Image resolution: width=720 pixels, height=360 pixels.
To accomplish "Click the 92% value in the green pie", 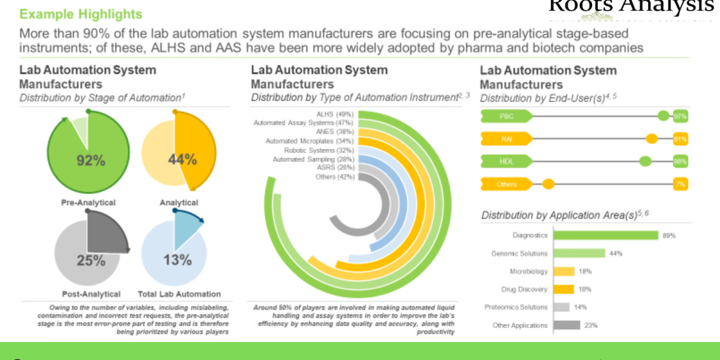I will tap(91, 160).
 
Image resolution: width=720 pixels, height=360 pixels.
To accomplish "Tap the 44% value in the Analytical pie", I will tap(182, 160).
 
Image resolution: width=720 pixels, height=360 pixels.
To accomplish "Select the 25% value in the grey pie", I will tap(91, 260).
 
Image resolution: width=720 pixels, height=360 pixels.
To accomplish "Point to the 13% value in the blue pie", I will tap(178, 260).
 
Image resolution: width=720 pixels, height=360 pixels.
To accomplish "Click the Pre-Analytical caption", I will tap(88, 203).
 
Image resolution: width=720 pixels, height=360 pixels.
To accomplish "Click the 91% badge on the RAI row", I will tap(680, 139).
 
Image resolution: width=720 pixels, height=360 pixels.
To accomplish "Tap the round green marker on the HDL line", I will tap(646, 161).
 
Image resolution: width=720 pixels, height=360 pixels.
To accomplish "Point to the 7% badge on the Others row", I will tap(680, 184).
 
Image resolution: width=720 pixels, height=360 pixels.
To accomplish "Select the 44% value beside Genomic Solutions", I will tap(616, 253).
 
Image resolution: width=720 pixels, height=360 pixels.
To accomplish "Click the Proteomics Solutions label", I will tap(516, 307).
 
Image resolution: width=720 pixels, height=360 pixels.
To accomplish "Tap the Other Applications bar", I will tap(566, 325).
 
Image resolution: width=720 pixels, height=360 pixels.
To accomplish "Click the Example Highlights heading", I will tap(80, 14).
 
